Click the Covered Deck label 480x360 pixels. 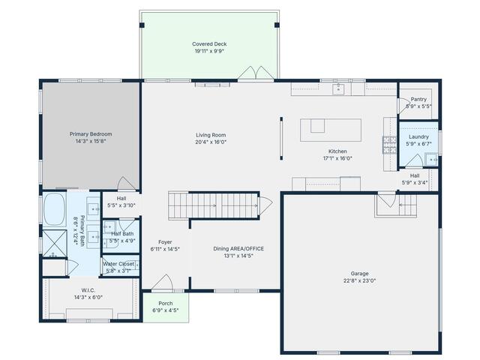pos(209,44)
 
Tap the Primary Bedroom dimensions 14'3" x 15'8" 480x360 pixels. pos(91,141)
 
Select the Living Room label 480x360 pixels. pos(210,135)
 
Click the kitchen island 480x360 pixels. pos(330,129)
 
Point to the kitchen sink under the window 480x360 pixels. pos(338,89)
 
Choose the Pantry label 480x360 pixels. pos(418,99)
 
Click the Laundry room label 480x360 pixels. pos(418,136)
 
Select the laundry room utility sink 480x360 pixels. pos(431,159)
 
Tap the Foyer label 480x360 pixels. pos(165,242)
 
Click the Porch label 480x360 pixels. pos(165,304)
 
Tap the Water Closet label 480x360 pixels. pos(118,264)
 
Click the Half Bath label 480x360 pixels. pos(122,234)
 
